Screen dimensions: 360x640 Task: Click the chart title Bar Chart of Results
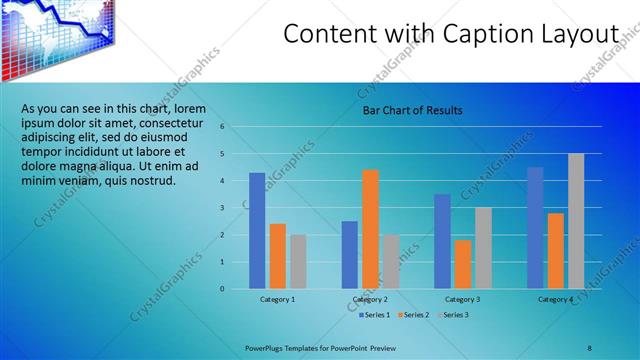tap(412, 110)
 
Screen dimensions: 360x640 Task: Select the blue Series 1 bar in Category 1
tap(257, 230)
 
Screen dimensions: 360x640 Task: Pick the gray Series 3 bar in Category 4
tap(576, 221)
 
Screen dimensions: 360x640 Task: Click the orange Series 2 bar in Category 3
tap(463, 264)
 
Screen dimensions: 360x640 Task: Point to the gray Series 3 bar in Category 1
tap(298, 261)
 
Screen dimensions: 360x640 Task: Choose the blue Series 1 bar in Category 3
tap(443, 241)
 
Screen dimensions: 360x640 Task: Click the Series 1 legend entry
tap(376, 315)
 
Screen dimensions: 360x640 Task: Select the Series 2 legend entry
tap(414, 315)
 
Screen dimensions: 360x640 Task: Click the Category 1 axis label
tap(278, 299)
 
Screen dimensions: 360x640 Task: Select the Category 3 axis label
tap(463, 299)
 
